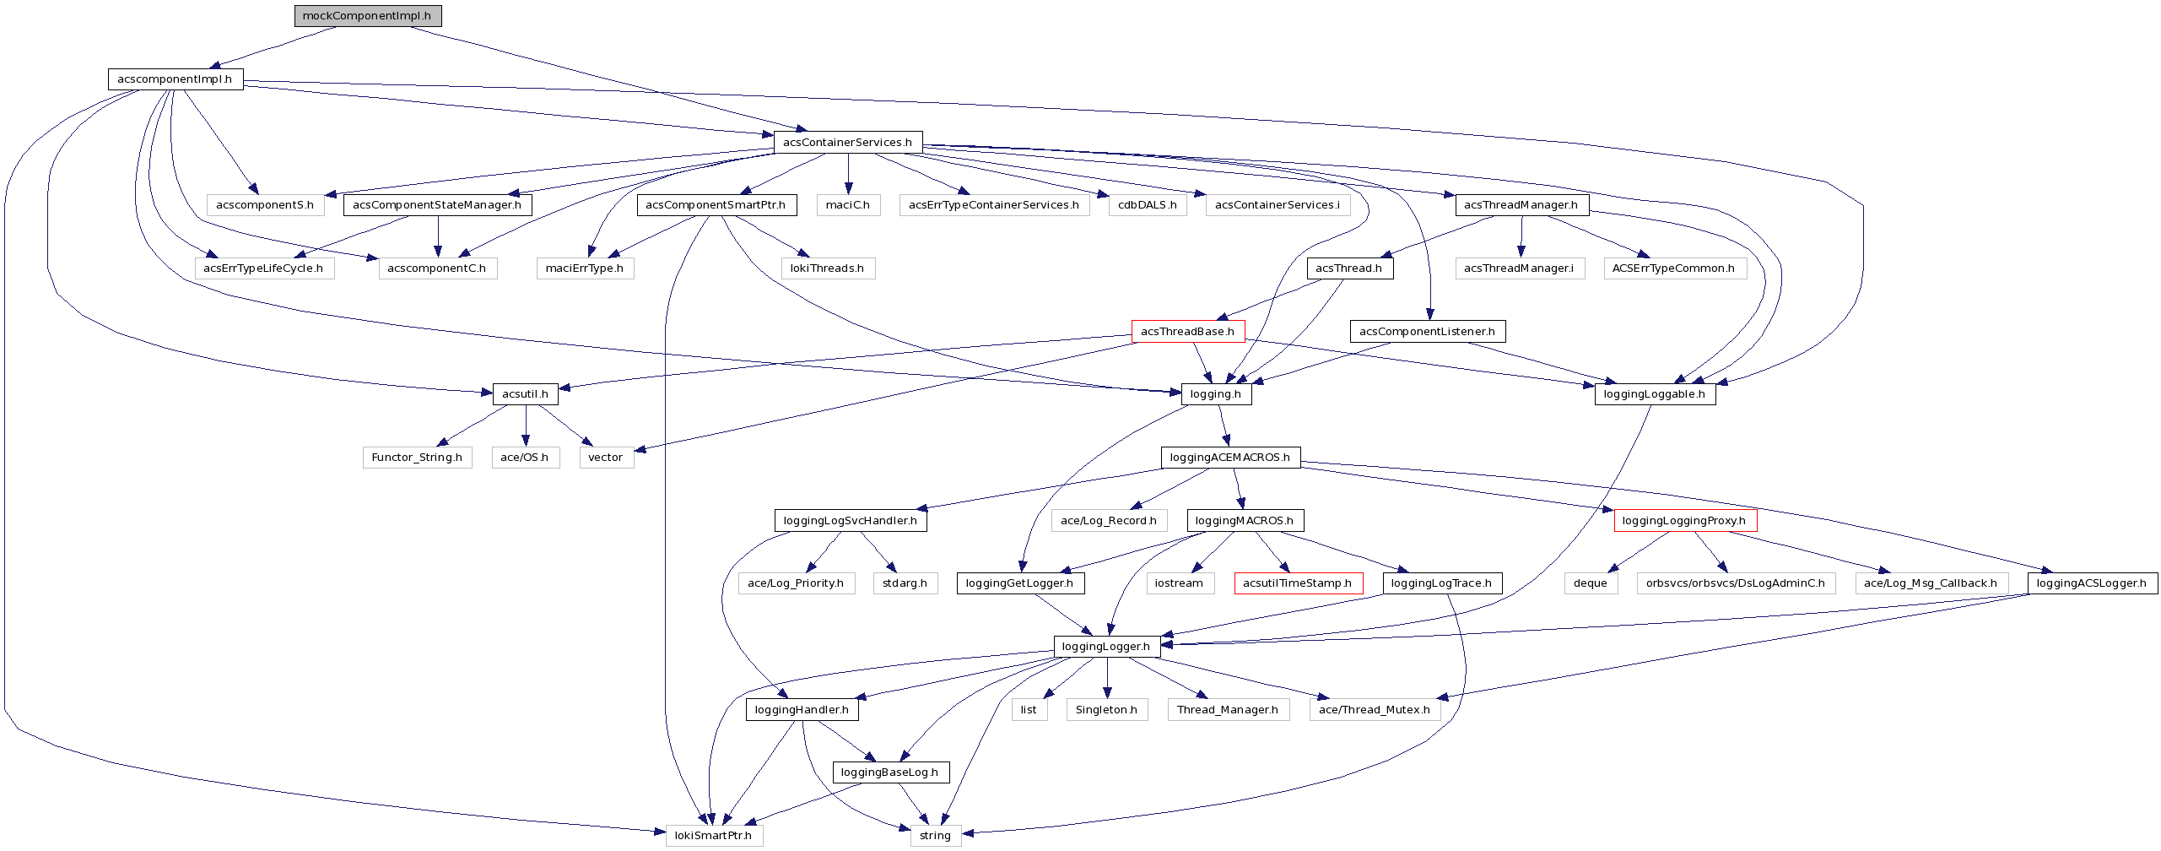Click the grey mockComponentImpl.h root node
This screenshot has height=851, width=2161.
point(368,16)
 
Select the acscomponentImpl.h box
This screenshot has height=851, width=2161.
point(176,79)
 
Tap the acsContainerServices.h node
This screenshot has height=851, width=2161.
point(848,143)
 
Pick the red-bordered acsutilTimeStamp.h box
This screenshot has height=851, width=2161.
point(1298,583)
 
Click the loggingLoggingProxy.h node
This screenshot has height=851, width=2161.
point(1685,521)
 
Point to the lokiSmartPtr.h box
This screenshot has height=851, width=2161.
point(714,836)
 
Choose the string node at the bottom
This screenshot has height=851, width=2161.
point(936,836)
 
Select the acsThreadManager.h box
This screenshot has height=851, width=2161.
point(1521,205)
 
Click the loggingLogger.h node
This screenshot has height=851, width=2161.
point(1106,647)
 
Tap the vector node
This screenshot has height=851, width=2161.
point(606,458)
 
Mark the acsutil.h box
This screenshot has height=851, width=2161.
point(525,394)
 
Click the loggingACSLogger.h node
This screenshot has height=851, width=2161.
point(2092,583)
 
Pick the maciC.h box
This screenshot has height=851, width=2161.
point(848,205)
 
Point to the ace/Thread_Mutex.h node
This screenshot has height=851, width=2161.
point(1375,710)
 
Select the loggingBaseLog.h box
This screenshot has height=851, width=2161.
point(890,772)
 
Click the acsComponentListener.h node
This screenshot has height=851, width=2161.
point(1428,332)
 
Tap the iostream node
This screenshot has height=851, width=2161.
point(1180,583)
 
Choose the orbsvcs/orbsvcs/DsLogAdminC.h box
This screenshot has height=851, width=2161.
point(1736,583)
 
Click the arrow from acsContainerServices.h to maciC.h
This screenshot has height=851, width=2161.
point(848,173)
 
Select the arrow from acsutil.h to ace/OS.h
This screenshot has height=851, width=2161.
point(526,425)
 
